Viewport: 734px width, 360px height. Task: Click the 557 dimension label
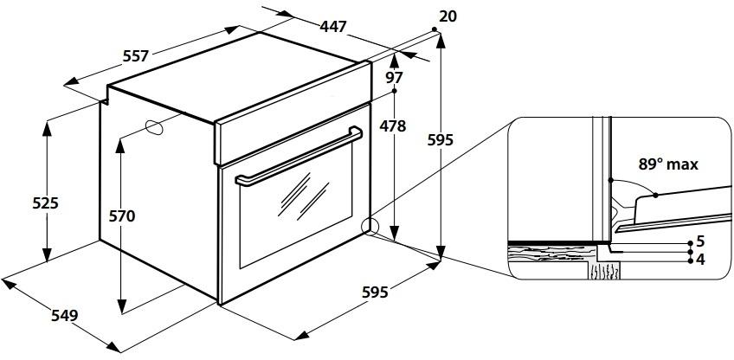[136, 56]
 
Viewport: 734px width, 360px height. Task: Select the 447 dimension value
[333, 27]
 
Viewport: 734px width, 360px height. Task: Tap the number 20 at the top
[448, 16]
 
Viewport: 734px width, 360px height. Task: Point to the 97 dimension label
[394, 77]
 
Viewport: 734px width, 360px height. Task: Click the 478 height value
[393, 126]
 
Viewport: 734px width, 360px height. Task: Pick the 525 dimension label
[45, 203]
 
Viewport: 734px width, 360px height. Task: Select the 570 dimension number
[122, 216]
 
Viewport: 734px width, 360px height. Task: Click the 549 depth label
[65, 316]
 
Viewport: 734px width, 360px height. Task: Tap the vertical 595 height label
[441, 139]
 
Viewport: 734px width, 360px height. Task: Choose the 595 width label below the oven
[376, 292]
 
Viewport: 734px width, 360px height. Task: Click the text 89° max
[668, 164]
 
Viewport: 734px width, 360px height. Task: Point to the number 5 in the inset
[700, 242]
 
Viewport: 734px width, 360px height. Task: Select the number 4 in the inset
[700, 260]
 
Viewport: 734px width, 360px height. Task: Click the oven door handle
[299, 157]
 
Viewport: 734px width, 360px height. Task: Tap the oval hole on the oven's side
[154, 127]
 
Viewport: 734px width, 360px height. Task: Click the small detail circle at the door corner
[369, 226]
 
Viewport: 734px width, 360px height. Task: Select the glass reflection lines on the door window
[304, 196]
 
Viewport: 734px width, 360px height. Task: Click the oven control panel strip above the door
[293, 112]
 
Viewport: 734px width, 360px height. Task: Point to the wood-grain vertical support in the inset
[604, 271]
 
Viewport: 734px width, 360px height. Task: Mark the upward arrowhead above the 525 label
[47, 128]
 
